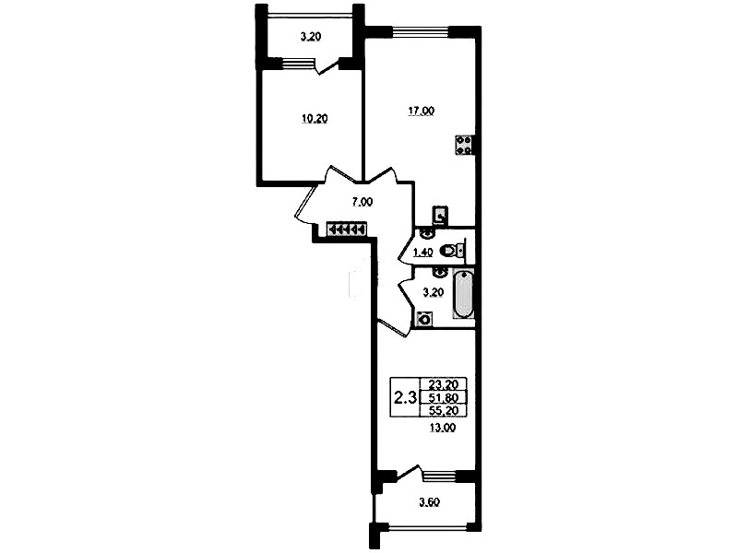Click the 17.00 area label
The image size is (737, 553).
[422, 112]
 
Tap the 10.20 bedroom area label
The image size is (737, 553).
[314, 119]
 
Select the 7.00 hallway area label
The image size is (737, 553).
[362, 202]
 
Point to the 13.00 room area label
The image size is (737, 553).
[443, 428]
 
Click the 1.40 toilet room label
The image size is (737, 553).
[422, 253]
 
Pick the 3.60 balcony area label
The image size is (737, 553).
[429, 502]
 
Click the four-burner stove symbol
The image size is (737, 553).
[464, 145]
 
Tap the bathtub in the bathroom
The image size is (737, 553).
[463, 294]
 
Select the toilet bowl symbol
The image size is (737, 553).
[453, 251]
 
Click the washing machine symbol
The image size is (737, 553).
[424, 319]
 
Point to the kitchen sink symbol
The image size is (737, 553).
[440, 216]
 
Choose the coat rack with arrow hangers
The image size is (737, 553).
[347, 229]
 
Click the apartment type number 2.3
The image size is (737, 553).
[405, 398]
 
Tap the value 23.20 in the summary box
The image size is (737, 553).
[444, 385]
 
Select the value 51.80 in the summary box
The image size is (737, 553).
[444, 398]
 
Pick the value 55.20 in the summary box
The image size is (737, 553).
[444, 411]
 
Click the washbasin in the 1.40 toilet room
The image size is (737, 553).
[426, 232]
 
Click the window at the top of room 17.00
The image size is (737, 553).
[421, 32]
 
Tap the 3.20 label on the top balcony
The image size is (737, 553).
[310, 37]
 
